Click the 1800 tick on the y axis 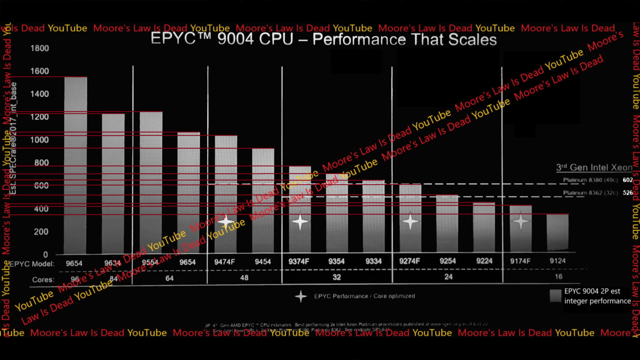40,48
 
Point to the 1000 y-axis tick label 40,140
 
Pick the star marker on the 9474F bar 226,221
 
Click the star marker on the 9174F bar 520,221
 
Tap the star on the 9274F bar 410,221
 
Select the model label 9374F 299,261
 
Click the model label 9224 484,261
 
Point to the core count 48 244,277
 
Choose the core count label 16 558,276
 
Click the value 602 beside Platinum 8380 628,180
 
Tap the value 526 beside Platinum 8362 628,193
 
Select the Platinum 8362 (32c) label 591,193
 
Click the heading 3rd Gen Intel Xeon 594,168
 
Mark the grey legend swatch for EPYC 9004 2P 556,296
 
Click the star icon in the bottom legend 301,296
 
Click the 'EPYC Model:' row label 32,264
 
